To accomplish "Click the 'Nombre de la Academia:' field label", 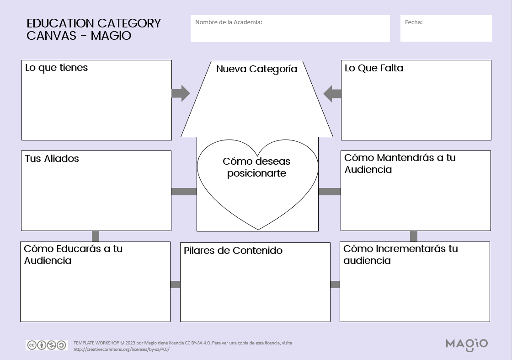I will (229, 22).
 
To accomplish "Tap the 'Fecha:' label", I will (414, 22).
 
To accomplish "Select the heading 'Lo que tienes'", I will (56, 68).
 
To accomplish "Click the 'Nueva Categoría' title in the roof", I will (256, 69).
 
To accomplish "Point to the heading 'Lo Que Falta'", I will (373, 68).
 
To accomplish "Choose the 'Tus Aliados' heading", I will (52, 159).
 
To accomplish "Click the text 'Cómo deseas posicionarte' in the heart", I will (256, 167).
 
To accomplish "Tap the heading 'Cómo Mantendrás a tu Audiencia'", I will (400, 163).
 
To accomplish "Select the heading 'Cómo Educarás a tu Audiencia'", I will (73, 254).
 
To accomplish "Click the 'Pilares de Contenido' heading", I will (233, 251).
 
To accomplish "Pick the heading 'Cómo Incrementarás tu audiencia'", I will (400, 254).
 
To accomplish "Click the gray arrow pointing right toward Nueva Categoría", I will (181, 93).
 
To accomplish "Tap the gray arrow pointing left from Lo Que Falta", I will (332, 94).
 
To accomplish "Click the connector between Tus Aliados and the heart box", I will (184, 192).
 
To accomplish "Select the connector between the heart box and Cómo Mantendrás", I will (329, 192).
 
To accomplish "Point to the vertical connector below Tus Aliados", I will (96, 236).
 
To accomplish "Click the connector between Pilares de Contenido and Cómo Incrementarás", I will (335, 285).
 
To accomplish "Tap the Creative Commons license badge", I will (47, 345).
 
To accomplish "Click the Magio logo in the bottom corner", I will (466, 344).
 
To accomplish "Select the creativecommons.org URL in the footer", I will (121, 349).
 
